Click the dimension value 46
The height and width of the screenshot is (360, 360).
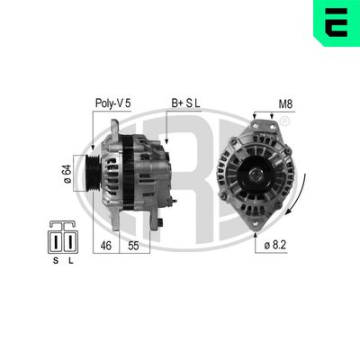105,244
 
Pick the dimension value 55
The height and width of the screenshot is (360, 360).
134,244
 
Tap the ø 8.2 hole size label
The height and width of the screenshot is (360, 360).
277,244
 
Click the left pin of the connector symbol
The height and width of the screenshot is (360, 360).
56,242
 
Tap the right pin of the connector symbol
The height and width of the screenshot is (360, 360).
68,242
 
